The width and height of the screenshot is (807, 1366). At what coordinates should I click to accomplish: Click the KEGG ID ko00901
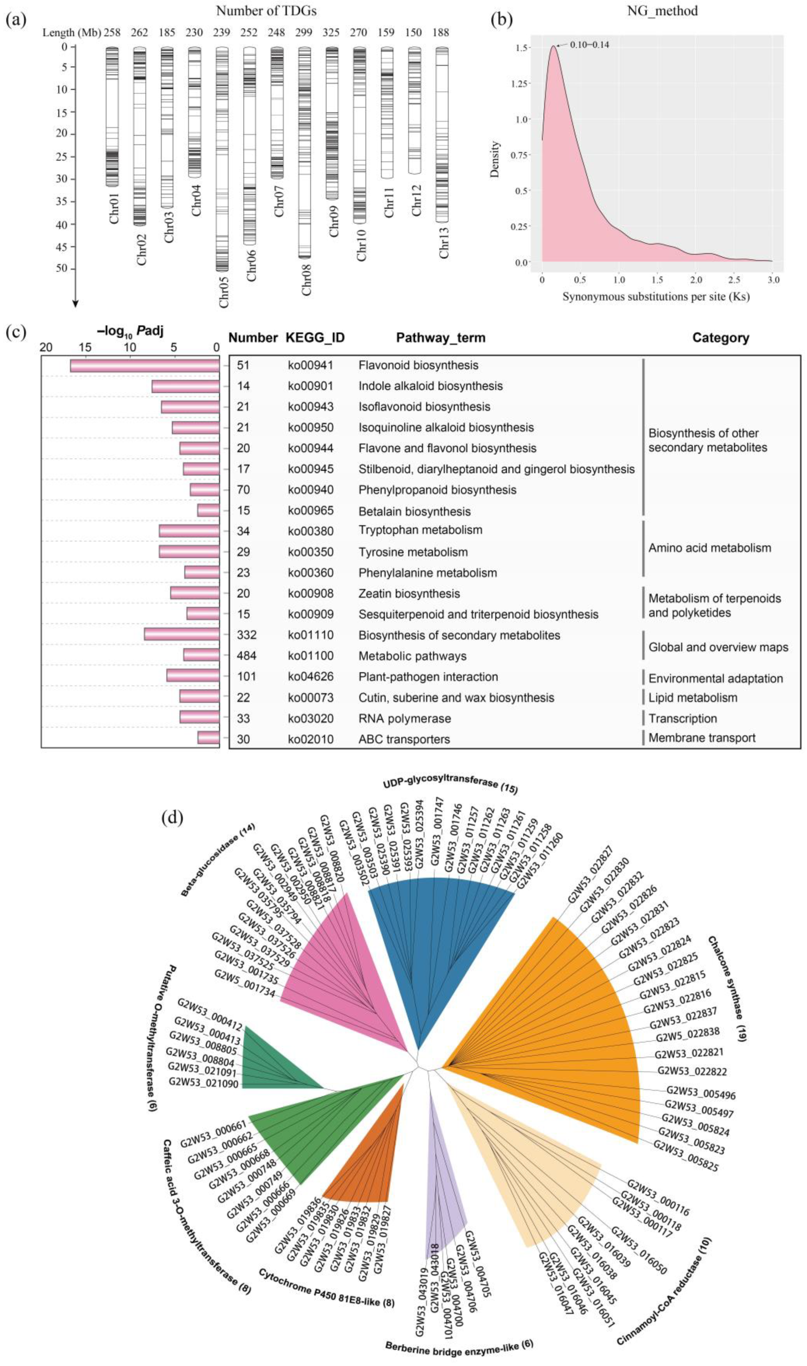[x=310, y=386]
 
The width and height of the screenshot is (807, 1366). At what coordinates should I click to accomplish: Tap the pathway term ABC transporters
[x=404, y=739]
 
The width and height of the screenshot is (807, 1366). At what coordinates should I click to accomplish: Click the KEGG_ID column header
[x=315, y=338]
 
